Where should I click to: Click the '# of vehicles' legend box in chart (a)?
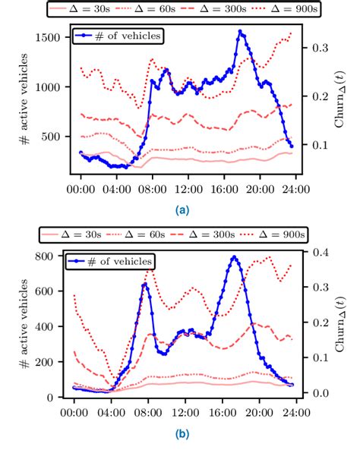118,35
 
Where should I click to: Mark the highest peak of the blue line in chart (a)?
240,31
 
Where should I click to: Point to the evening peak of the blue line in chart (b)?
234,256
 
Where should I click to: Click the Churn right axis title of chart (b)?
339,325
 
